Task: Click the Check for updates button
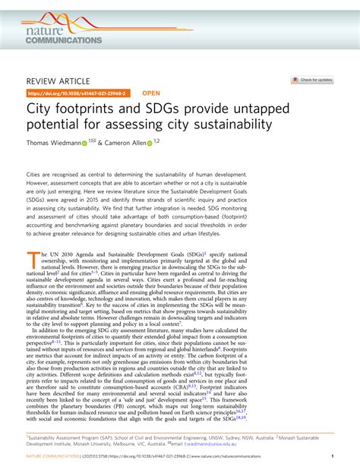(312, 79)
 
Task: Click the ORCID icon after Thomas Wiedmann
(84, 143)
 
